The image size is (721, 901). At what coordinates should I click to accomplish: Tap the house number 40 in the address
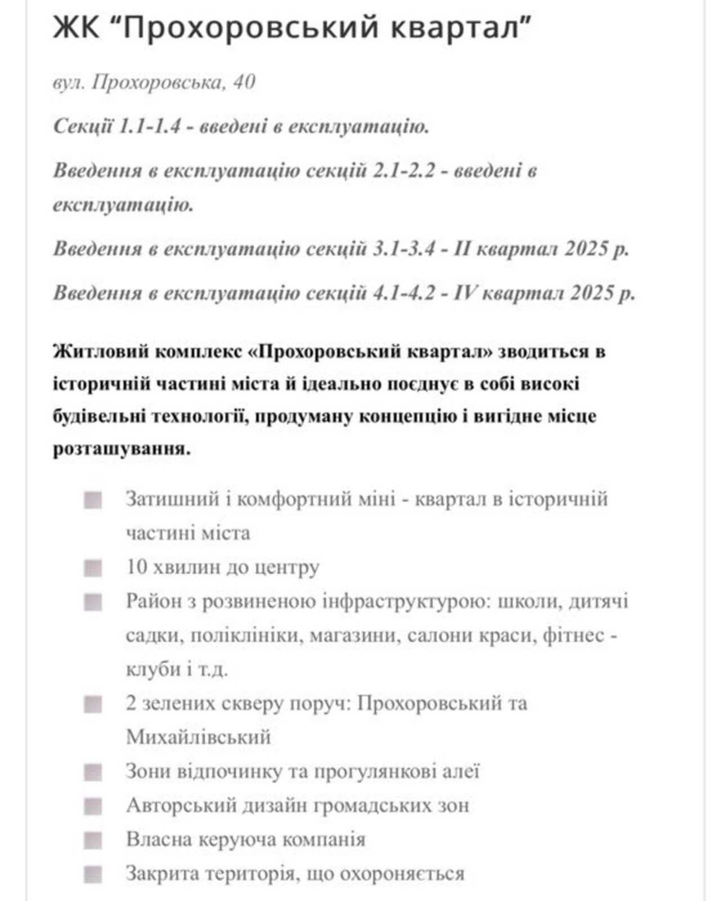[x=244, y=82]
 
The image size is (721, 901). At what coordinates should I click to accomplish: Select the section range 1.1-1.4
[x=150, y=126]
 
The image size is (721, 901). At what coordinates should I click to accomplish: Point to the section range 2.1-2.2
[x=404, y=170]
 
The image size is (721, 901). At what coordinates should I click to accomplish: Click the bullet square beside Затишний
[x=93, y=500]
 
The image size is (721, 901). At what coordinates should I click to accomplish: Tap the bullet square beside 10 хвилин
[x=93, y=568]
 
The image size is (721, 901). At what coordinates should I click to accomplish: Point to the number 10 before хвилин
[x=136, y=567]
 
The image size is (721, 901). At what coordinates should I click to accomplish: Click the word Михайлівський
[x=198, y=737]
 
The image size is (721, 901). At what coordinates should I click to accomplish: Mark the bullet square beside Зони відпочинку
[x=93, y=772]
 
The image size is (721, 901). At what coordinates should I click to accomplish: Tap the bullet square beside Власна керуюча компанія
[x=93, y=840]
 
